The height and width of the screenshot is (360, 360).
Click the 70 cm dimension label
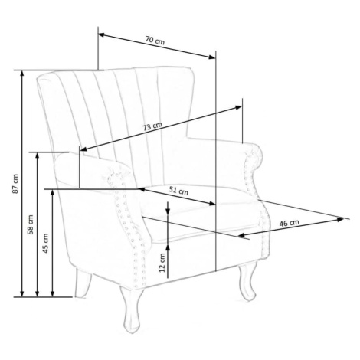point(155,41)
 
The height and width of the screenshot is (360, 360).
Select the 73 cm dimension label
point(152,126)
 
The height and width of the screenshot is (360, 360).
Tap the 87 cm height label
point(15,184)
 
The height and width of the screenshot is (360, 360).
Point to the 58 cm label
point(31,224)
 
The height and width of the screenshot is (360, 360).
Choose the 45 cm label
point(45,243)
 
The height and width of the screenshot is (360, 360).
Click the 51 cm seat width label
point(178,191)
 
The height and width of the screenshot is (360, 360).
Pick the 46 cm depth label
point(289,223)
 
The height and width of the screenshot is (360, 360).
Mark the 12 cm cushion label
point(162,263)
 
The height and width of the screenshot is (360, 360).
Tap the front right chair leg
point(247,283)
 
